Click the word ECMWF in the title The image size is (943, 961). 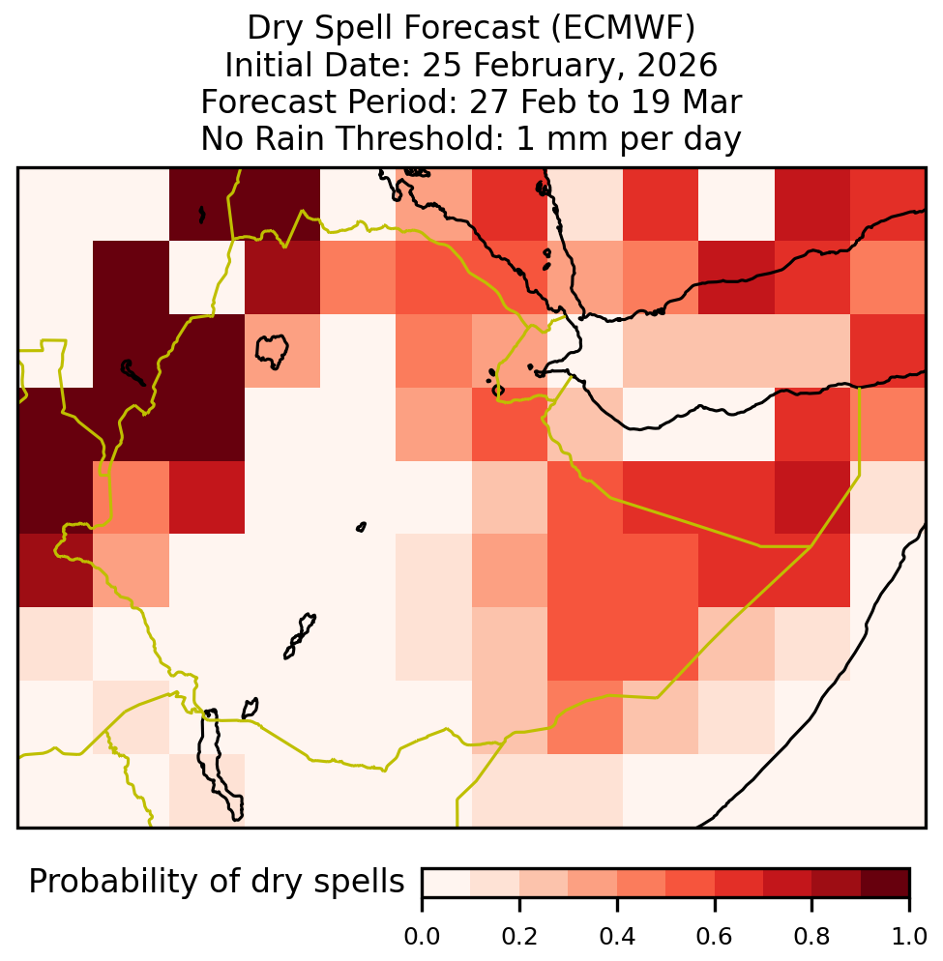point(623,28)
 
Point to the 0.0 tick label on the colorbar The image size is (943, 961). point(422,937)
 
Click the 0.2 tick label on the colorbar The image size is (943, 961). point(519,937)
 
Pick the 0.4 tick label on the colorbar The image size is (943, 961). point(617,937)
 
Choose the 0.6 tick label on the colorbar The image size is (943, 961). point(715,937)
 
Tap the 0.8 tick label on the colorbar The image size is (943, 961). point(811,937)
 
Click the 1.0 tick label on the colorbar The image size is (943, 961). point(909,937)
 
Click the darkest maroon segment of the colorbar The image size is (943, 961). point(885,883)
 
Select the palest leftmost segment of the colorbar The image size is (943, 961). point(447,883)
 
